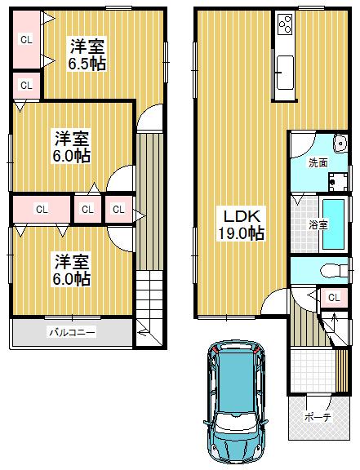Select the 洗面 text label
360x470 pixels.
(318, 163)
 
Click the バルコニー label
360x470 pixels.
(71, 332)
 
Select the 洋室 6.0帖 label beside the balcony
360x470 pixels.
(72, 270)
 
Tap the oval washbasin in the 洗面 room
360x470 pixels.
(340, 139)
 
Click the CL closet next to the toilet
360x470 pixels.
(333, 298)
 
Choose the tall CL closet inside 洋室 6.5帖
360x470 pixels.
(26, 40)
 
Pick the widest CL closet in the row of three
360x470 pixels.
(41, 210)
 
